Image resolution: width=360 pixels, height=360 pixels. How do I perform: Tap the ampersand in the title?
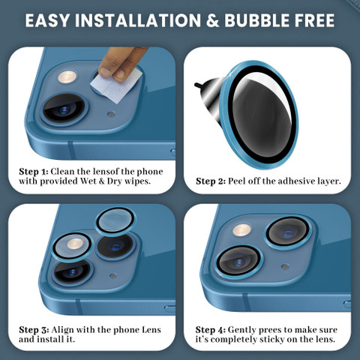click(x=212, y=20)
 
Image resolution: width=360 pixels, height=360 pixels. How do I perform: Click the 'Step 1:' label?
click(x=34, y=172)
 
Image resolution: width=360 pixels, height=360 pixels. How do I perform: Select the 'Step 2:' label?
click(x=211, y=181)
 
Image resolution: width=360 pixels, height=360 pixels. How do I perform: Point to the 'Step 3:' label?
click(x=34, y=330)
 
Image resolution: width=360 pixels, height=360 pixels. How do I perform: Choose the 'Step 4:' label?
click(x=211, y=330)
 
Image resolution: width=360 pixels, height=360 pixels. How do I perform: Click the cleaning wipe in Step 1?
click(x=117, y=84)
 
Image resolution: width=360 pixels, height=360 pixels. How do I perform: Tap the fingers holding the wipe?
click(x=121, y=63)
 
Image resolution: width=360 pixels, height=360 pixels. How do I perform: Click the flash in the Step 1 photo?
click(x=67, y=76)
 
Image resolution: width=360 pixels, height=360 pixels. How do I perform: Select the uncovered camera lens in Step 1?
click(x=64, y=109)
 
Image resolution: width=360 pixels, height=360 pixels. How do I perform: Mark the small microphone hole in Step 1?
click(x=111, y=114)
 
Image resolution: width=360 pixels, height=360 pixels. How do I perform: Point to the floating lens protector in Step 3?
click(x=115, y=221)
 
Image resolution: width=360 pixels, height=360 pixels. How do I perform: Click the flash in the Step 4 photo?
click(x=241, y=230)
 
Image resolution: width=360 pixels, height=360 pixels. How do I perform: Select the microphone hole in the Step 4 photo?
click(x=285, y=267)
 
